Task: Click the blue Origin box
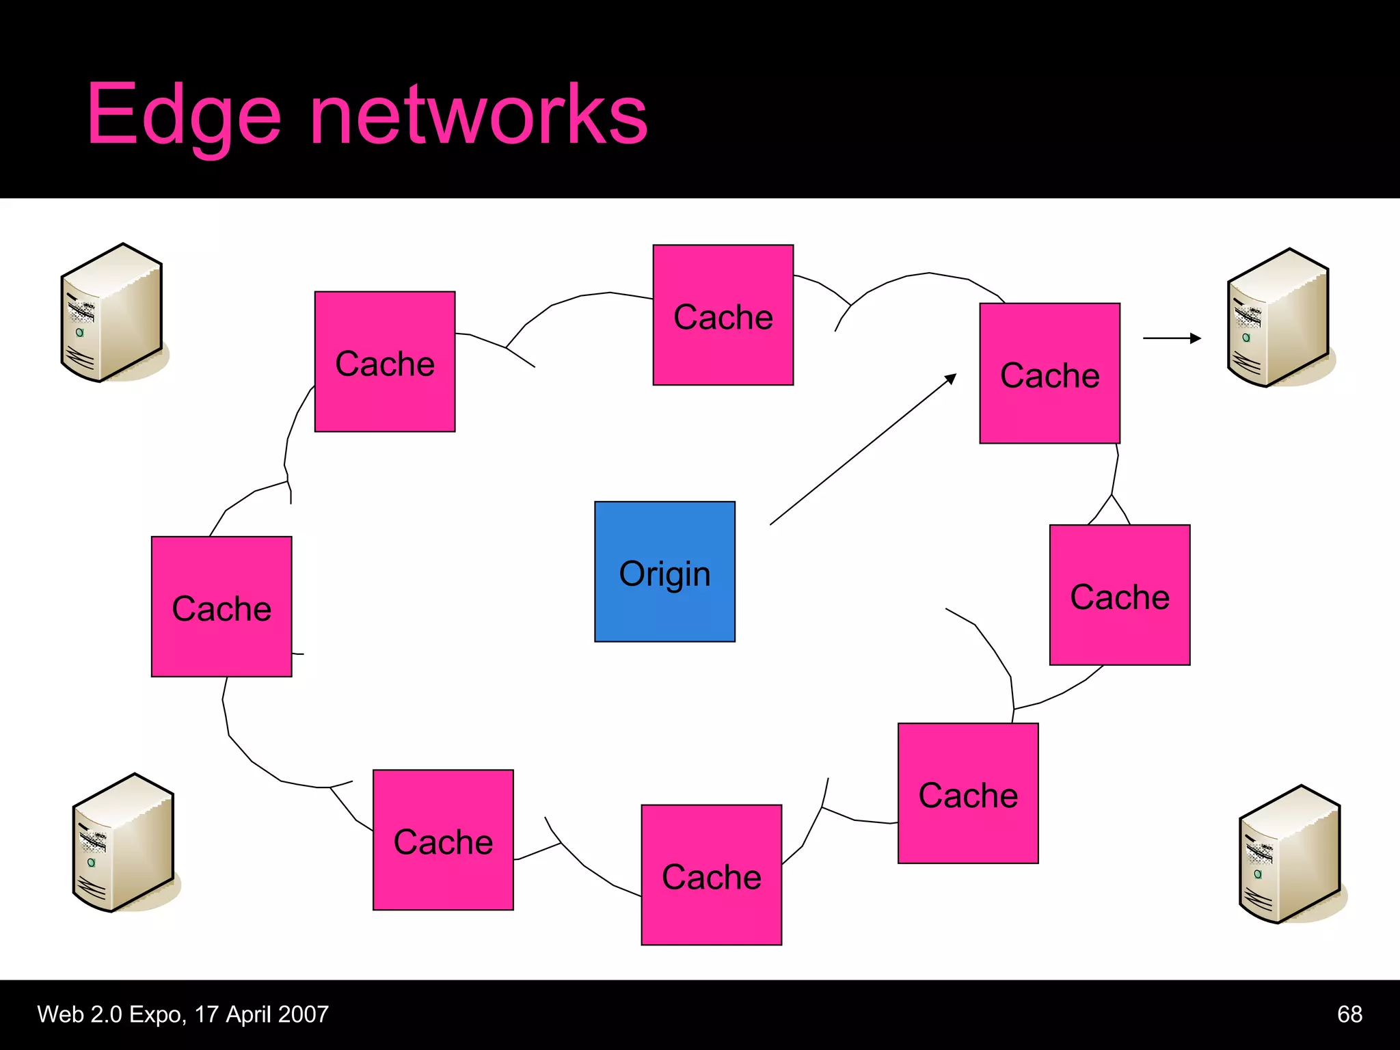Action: pos(664,571)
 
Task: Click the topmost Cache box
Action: pos(723,315)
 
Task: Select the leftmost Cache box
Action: pos(221,606)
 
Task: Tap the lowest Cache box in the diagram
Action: pos(711,874)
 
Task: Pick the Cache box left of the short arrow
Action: pos(1049,373)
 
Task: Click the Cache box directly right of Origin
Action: pos(1119,595)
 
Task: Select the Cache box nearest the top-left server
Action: pos(384,362)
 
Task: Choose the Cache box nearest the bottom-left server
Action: pos(443,839)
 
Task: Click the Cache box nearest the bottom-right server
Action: pos(967,793)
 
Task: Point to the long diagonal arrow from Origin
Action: pos(863,450)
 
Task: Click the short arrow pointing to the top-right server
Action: pos(1171,338)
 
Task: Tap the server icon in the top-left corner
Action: pos(113,313)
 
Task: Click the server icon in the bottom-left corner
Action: pos(124,843)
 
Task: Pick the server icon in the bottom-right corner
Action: pos(1290,854)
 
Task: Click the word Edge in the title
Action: pos(183,115)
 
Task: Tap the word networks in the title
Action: pos(479,115)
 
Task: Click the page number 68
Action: pos(1349,1014)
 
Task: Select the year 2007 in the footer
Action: pos(304,1014)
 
